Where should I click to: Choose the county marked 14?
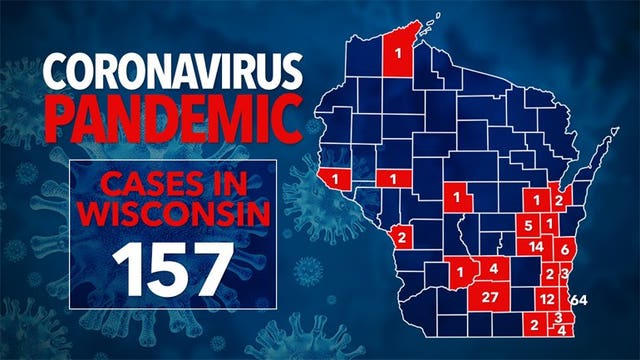pos(537,247)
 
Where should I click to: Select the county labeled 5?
pos(528,226)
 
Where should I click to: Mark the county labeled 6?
pos(564,249)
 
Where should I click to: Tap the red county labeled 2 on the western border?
pos(401,237)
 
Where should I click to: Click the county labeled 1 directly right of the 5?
pos(550,222)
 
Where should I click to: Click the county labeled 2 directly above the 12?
pos(549,274)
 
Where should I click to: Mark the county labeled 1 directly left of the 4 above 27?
pos(461,271)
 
